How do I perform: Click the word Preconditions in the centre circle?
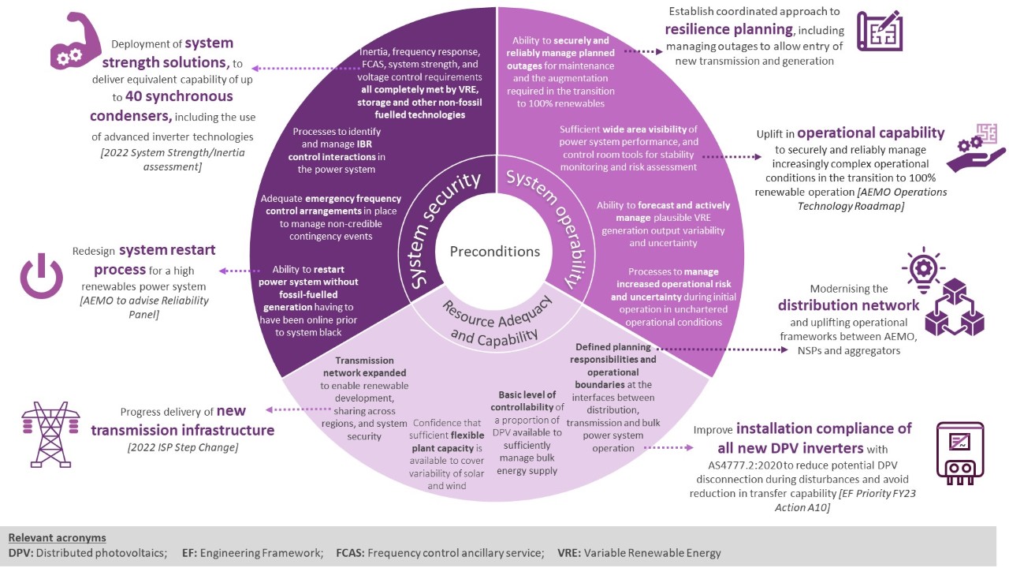tap(495, 252)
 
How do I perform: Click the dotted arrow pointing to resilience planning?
tap(642, 51)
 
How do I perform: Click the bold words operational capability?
tap(870, 133)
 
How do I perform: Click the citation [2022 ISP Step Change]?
tap(183, 448)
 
